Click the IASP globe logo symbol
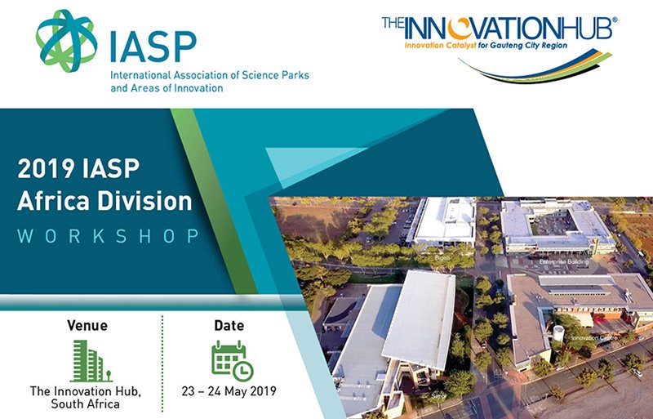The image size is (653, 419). pos(66,38)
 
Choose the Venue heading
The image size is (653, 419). pos(87,326)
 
